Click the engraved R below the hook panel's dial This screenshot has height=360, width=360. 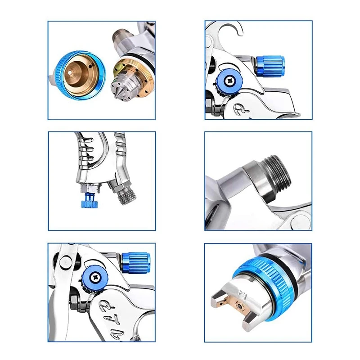pyautogui.click(x=238, y=108)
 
